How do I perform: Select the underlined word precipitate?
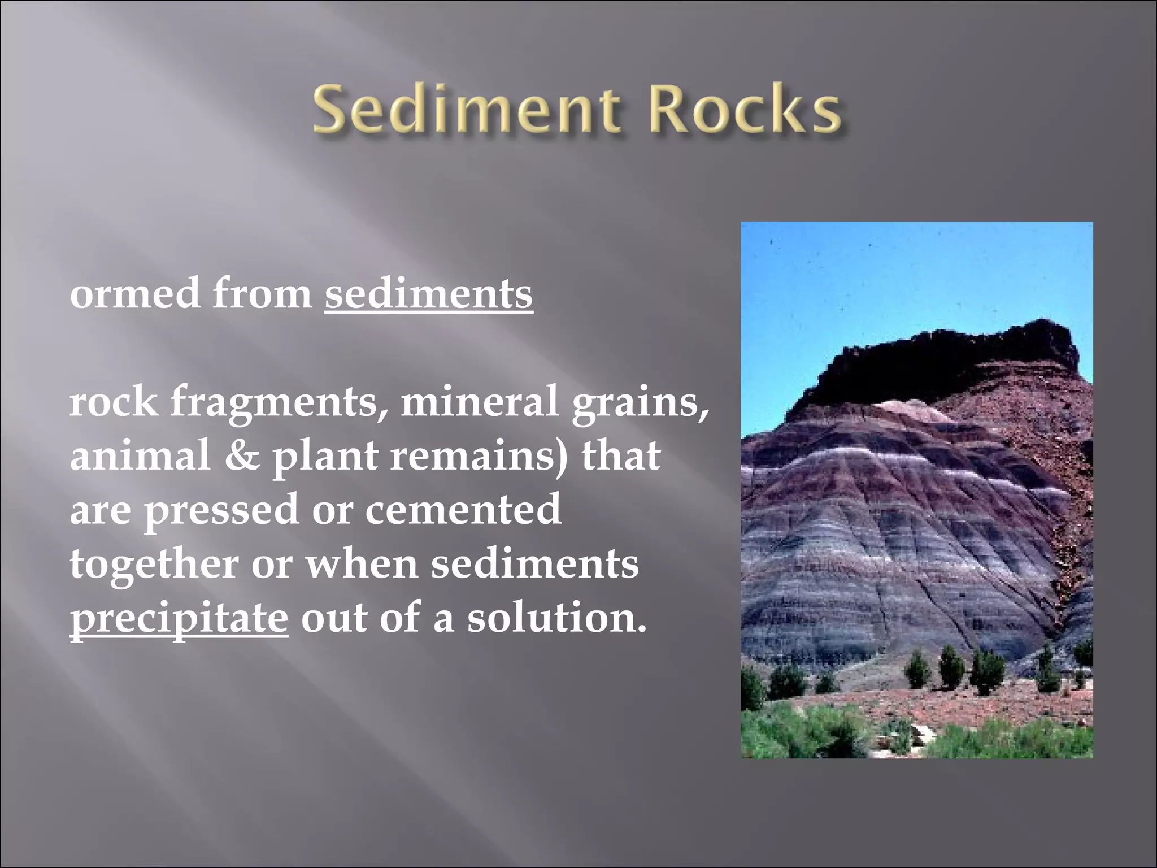coord(179,618)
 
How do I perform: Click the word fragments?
coord(274,402)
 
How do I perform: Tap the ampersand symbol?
coord(242,455)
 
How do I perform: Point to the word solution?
coord(556,617)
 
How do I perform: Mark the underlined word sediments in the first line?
coord(428,294)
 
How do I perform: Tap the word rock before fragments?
coord(114,402)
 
